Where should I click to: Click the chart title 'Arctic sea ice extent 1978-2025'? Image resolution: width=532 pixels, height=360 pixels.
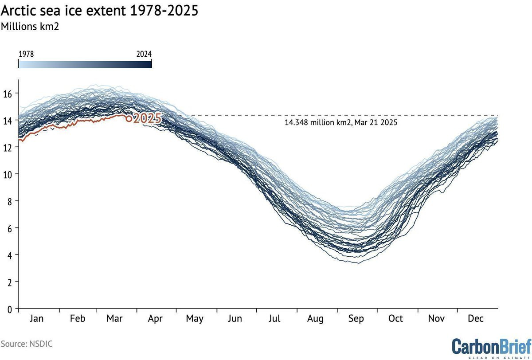(99, 11)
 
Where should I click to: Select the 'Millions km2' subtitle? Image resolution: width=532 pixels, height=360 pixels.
(30, 26)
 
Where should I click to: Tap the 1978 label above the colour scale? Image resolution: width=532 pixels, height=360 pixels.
(26, 54)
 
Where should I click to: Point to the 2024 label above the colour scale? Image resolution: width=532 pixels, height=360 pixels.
(144, 54)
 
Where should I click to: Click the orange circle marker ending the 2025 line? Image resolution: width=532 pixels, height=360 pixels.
(129, 118)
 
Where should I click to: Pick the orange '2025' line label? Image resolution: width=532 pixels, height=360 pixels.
(147, 118)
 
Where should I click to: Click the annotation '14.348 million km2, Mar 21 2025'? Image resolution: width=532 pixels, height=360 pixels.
(341, 122)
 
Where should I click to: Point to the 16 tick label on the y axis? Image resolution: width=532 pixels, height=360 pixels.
(8, 94)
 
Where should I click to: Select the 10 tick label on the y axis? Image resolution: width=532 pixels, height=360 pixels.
(8, 175)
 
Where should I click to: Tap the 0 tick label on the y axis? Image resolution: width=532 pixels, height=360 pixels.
(9, 309)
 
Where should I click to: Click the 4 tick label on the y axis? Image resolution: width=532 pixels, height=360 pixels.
(9, 256)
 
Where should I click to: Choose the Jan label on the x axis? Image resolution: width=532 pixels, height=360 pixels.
(36, 318)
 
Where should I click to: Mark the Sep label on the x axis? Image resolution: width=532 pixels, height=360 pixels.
(356, 319)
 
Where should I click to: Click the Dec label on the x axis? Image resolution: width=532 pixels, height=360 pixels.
(475, 318)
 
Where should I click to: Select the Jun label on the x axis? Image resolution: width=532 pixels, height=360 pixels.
(235, 318)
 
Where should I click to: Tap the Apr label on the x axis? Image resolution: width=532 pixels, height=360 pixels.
(155, 319)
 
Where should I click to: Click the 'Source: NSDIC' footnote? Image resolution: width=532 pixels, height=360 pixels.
(26, 344)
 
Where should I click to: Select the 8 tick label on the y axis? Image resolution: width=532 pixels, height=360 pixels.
(9, 202)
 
